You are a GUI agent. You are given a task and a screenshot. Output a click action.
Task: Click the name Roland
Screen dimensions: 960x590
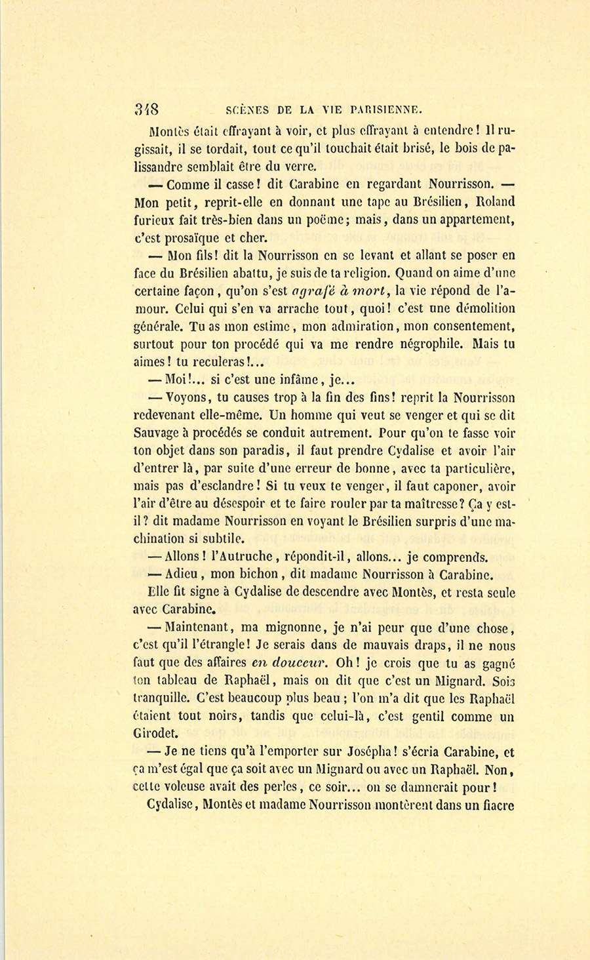(x=492, y=202)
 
